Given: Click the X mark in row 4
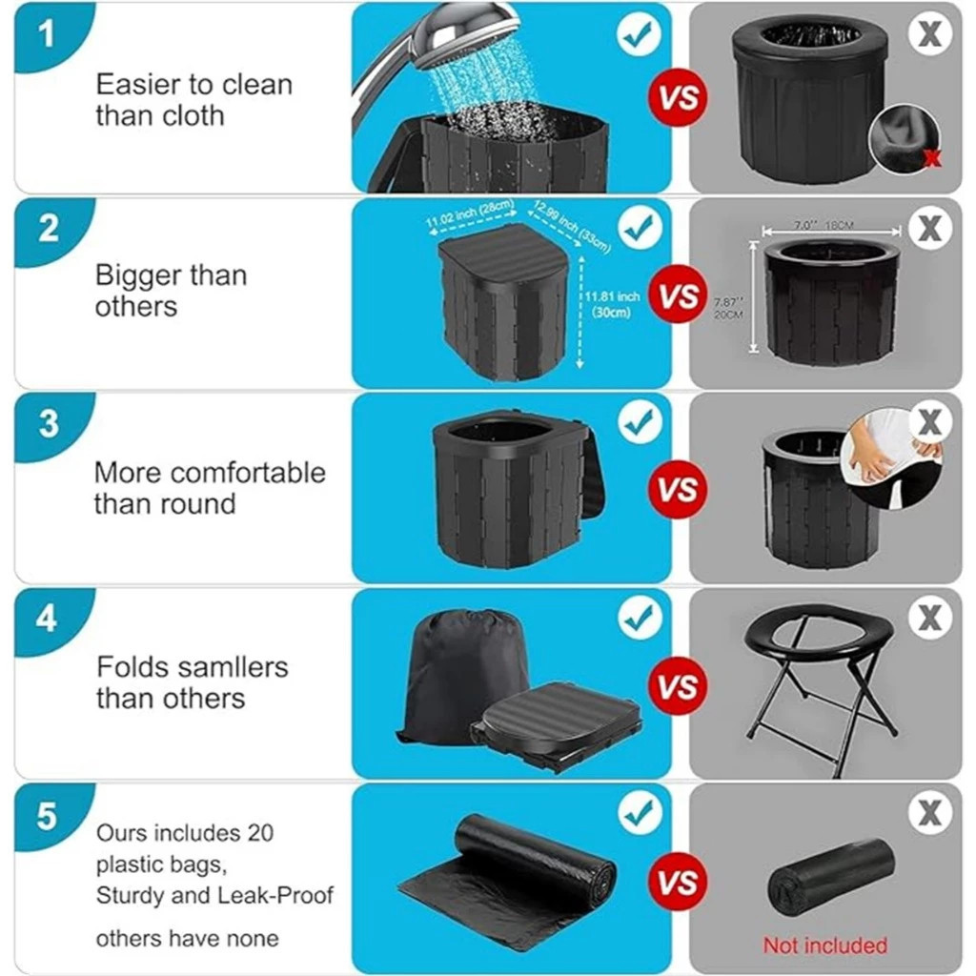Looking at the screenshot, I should (929, 618).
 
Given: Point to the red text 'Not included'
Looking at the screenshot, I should (824, 945).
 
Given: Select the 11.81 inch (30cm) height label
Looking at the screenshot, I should (611, 304).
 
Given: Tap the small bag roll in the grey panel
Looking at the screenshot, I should (830, 876).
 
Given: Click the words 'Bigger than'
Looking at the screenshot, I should (171, 276).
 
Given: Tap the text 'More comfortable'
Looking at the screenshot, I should (210, 473).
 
